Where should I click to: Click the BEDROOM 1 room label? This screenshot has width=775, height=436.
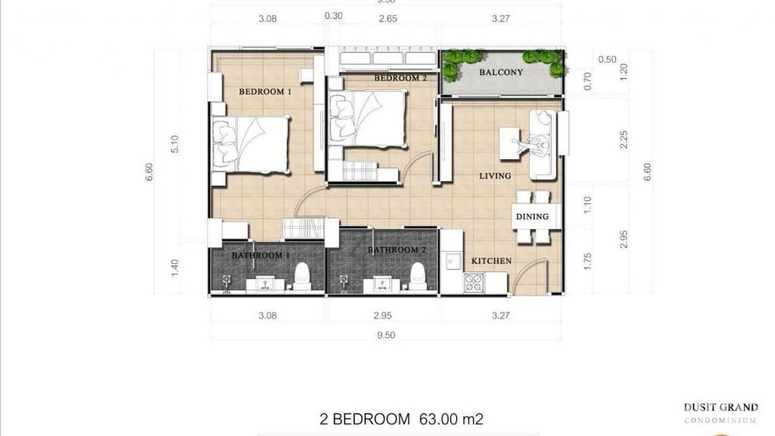[261, 91]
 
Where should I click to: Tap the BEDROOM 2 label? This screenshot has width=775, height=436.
[400, 78]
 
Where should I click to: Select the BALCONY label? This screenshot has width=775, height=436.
[501, 72]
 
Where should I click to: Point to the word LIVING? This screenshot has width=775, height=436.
[495, 176]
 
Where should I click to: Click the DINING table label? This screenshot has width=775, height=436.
[532, 217]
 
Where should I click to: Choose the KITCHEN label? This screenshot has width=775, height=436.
[491, 261]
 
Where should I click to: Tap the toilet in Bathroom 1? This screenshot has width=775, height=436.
[302, 276]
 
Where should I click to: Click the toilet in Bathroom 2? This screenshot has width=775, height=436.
[418, 276]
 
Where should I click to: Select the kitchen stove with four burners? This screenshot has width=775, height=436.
[475, 282]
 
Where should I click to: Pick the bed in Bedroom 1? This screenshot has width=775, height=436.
[252, 144]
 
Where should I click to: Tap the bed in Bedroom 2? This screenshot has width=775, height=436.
[368, 120]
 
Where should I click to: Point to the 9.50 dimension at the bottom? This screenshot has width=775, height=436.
[386, 335]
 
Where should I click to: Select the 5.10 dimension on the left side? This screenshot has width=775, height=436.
[176, 144]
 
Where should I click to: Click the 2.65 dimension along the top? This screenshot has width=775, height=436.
[387, 18]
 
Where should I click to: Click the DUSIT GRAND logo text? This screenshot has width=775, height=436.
[720, 407]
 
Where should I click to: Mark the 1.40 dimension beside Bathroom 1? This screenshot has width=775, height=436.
[176, 268]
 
